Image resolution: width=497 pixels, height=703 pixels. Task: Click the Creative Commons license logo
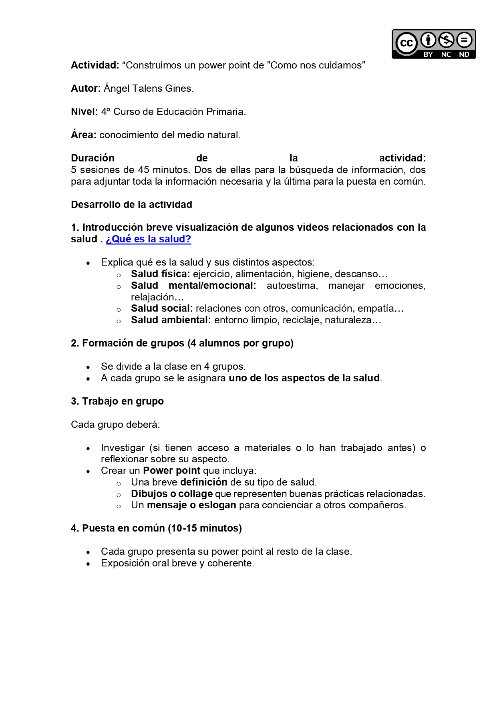point(433,44)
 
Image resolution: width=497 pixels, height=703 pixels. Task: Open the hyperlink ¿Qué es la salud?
point(148,239)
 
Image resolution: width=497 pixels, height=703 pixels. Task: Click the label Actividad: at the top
point(95,65)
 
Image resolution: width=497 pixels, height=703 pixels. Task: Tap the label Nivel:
point(84,112)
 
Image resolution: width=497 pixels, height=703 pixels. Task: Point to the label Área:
point(83,135)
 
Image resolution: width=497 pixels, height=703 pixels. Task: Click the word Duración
point(93,158)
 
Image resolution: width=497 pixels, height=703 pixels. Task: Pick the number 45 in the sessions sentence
point(144,170)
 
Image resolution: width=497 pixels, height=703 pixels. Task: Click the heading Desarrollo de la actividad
point(131,205)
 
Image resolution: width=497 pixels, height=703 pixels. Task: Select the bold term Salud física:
point(160,274)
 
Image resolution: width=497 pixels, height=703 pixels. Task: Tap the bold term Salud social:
point(162,308)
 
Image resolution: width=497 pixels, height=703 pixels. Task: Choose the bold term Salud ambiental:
point(171,320)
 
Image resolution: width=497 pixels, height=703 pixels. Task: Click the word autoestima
point(292,286)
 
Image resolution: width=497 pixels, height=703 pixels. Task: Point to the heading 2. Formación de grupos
point(182,343)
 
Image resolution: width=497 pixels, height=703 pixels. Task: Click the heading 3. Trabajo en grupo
point(117,401)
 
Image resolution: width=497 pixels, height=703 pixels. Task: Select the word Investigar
point(123,448)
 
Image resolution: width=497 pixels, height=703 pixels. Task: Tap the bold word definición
point(203,482)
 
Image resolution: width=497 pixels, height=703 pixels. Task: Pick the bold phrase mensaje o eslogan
point(191,505)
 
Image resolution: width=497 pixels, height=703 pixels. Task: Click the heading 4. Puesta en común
point(156,528)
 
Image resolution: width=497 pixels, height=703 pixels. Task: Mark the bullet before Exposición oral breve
point(88,564)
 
